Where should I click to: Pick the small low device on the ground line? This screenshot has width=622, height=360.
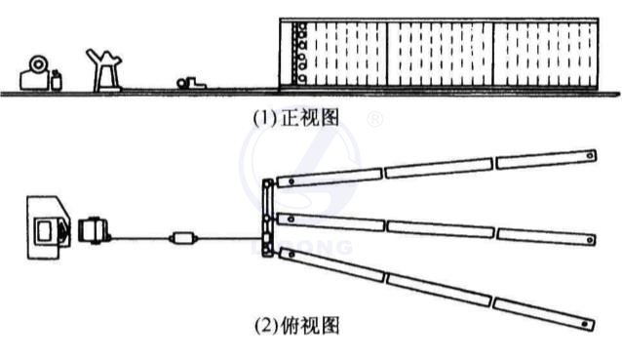click(189, 85)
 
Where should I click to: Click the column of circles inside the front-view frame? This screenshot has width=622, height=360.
click(301, 54)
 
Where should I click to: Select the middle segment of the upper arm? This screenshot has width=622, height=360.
click(438, 168)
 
